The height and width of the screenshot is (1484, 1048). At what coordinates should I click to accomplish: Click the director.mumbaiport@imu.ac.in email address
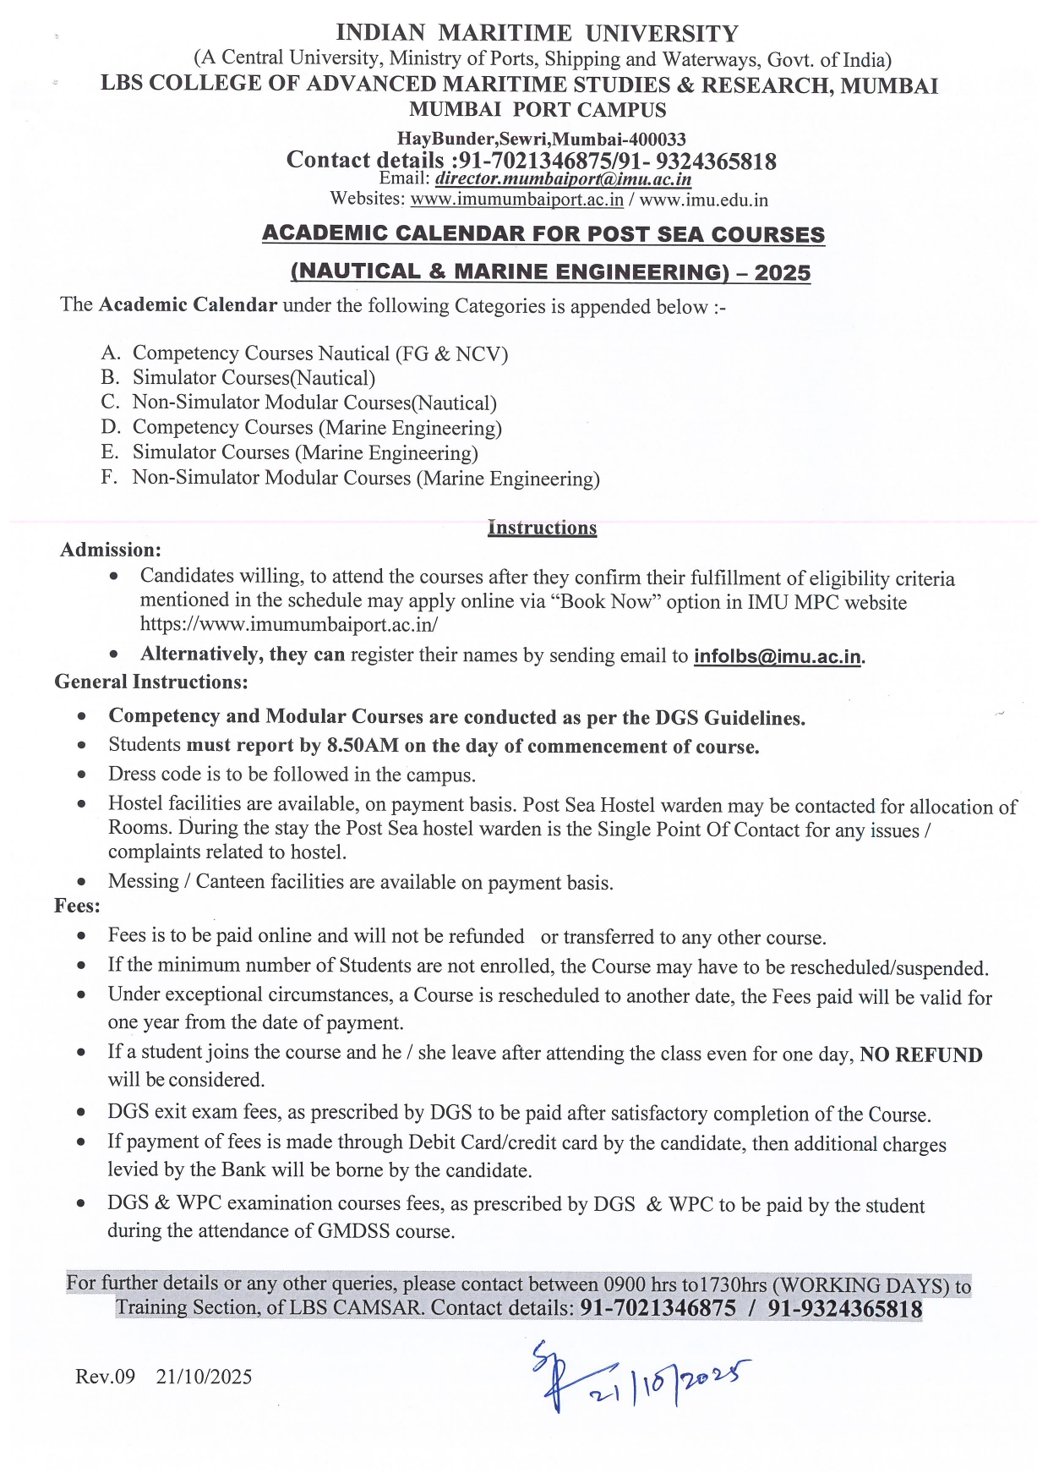coord(563,179)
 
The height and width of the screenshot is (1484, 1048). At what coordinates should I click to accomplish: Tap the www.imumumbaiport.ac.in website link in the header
coord(516,200)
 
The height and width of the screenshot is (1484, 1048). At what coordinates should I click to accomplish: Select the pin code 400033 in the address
coord(655,139)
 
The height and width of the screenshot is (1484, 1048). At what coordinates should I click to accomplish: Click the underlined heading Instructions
coord(542,528)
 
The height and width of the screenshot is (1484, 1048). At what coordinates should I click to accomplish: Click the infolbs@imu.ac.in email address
coord(778,656)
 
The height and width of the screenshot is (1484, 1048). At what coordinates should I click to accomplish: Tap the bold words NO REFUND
coord(921,1054)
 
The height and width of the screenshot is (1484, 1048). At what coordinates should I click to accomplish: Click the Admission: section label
coord(111,550)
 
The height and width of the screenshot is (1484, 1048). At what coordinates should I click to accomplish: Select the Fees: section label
coord(77,906)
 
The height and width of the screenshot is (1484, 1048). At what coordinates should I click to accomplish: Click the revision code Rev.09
coord(105,1377)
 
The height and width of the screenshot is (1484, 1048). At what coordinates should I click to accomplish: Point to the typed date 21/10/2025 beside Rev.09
coord(204,1377)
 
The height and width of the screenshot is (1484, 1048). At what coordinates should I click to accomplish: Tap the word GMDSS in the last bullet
coord(353,1231)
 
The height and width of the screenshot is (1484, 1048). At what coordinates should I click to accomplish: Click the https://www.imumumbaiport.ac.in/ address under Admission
coord(289,625)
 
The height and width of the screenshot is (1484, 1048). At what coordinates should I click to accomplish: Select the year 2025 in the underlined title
coord(783,272)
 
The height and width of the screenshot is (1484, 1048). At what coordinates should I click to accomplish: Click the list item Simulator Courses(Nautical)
coord(254,378)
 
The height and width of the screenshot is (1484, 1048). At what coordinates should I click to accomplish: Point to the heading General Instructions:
coord(151,682)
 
